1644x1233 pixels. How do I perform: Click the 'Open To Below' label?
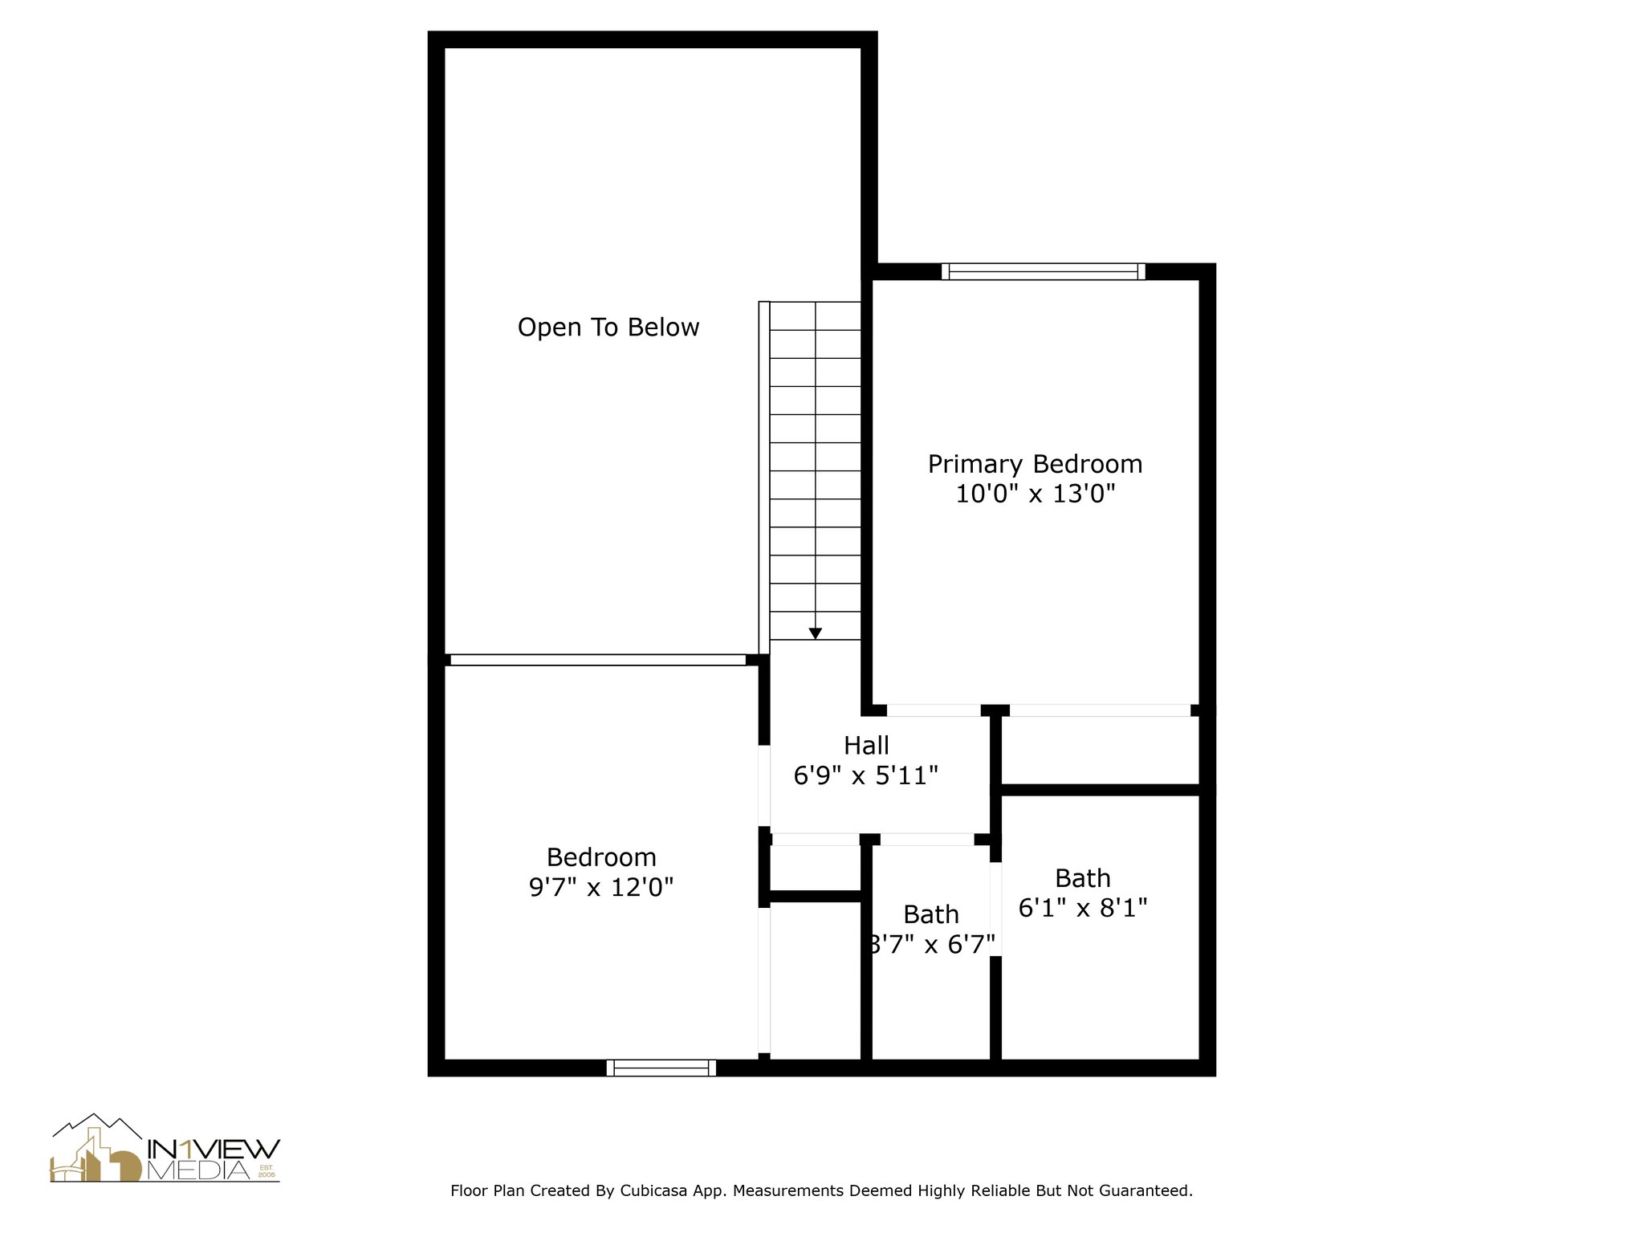(608, 328)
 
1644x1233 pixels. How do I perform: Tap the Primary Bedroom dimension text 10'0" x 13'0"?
(1035, 494)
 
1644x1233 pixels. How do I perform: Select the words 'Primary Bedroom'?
(1035, 464)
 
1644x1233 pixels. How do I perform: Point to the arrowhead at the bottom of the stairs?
(815, 633)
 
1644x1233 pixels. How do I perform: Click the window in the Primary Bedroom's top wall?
(1043, 272)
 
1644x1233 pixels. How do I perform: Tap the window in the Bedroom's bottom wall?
(661, 1068)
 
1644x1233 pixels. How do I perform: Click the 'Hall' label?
(866, 746)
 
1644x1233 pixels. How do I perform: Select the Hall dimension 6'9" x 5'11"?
(866, 776)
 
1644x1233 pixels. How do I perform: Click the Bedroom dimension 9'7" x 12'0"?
(600, 888)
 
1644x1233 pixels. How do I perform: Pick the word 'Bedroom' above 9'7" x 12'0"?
(601, 857)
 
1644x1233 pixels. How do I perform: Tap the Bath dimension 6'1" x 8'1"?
(1083, 908)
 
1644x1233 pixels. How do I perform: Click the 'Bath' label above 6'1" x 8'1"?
(1083, 878)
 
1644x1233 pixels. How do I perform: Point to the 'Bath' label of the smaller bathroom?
(931, 914)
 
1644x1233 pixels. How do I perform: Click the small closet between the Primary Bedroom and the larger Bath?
(1099, 751)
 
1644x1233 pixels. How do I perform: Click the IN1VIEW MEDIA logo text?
(213, 1160)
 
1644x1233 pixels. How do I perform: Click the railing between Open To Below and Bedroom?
(598, 660)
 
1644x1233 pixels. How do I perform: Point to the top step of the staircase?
(815, 315)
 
